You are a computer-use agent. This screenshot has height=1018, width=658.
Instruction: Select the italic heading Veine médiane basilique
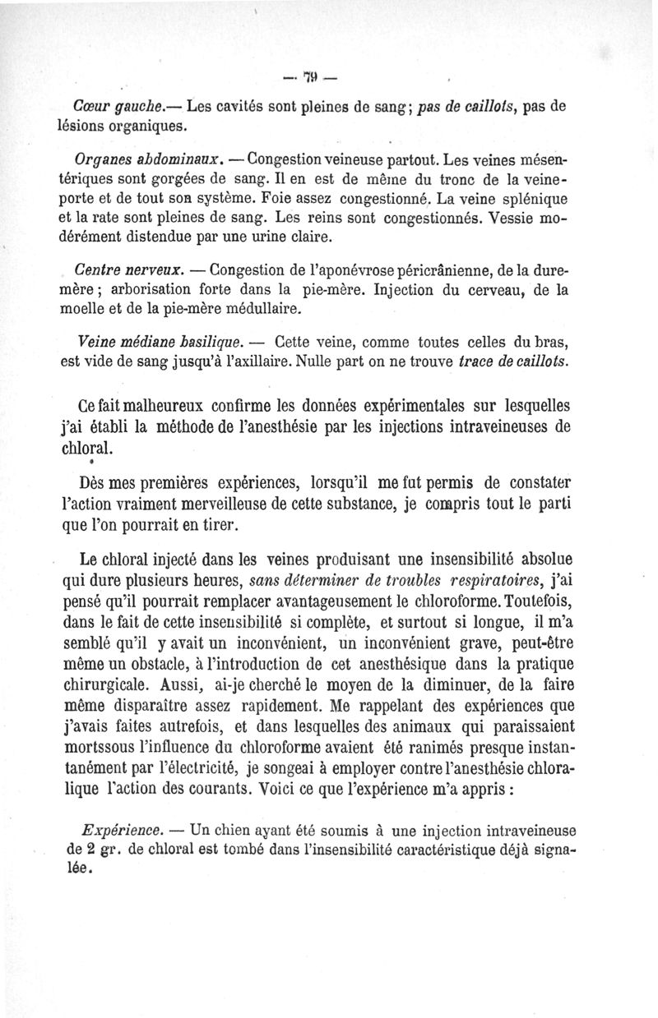tap(159, 341)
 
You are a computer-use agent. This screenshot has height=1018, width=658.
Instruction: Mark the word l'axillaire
tap(251, 362)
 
